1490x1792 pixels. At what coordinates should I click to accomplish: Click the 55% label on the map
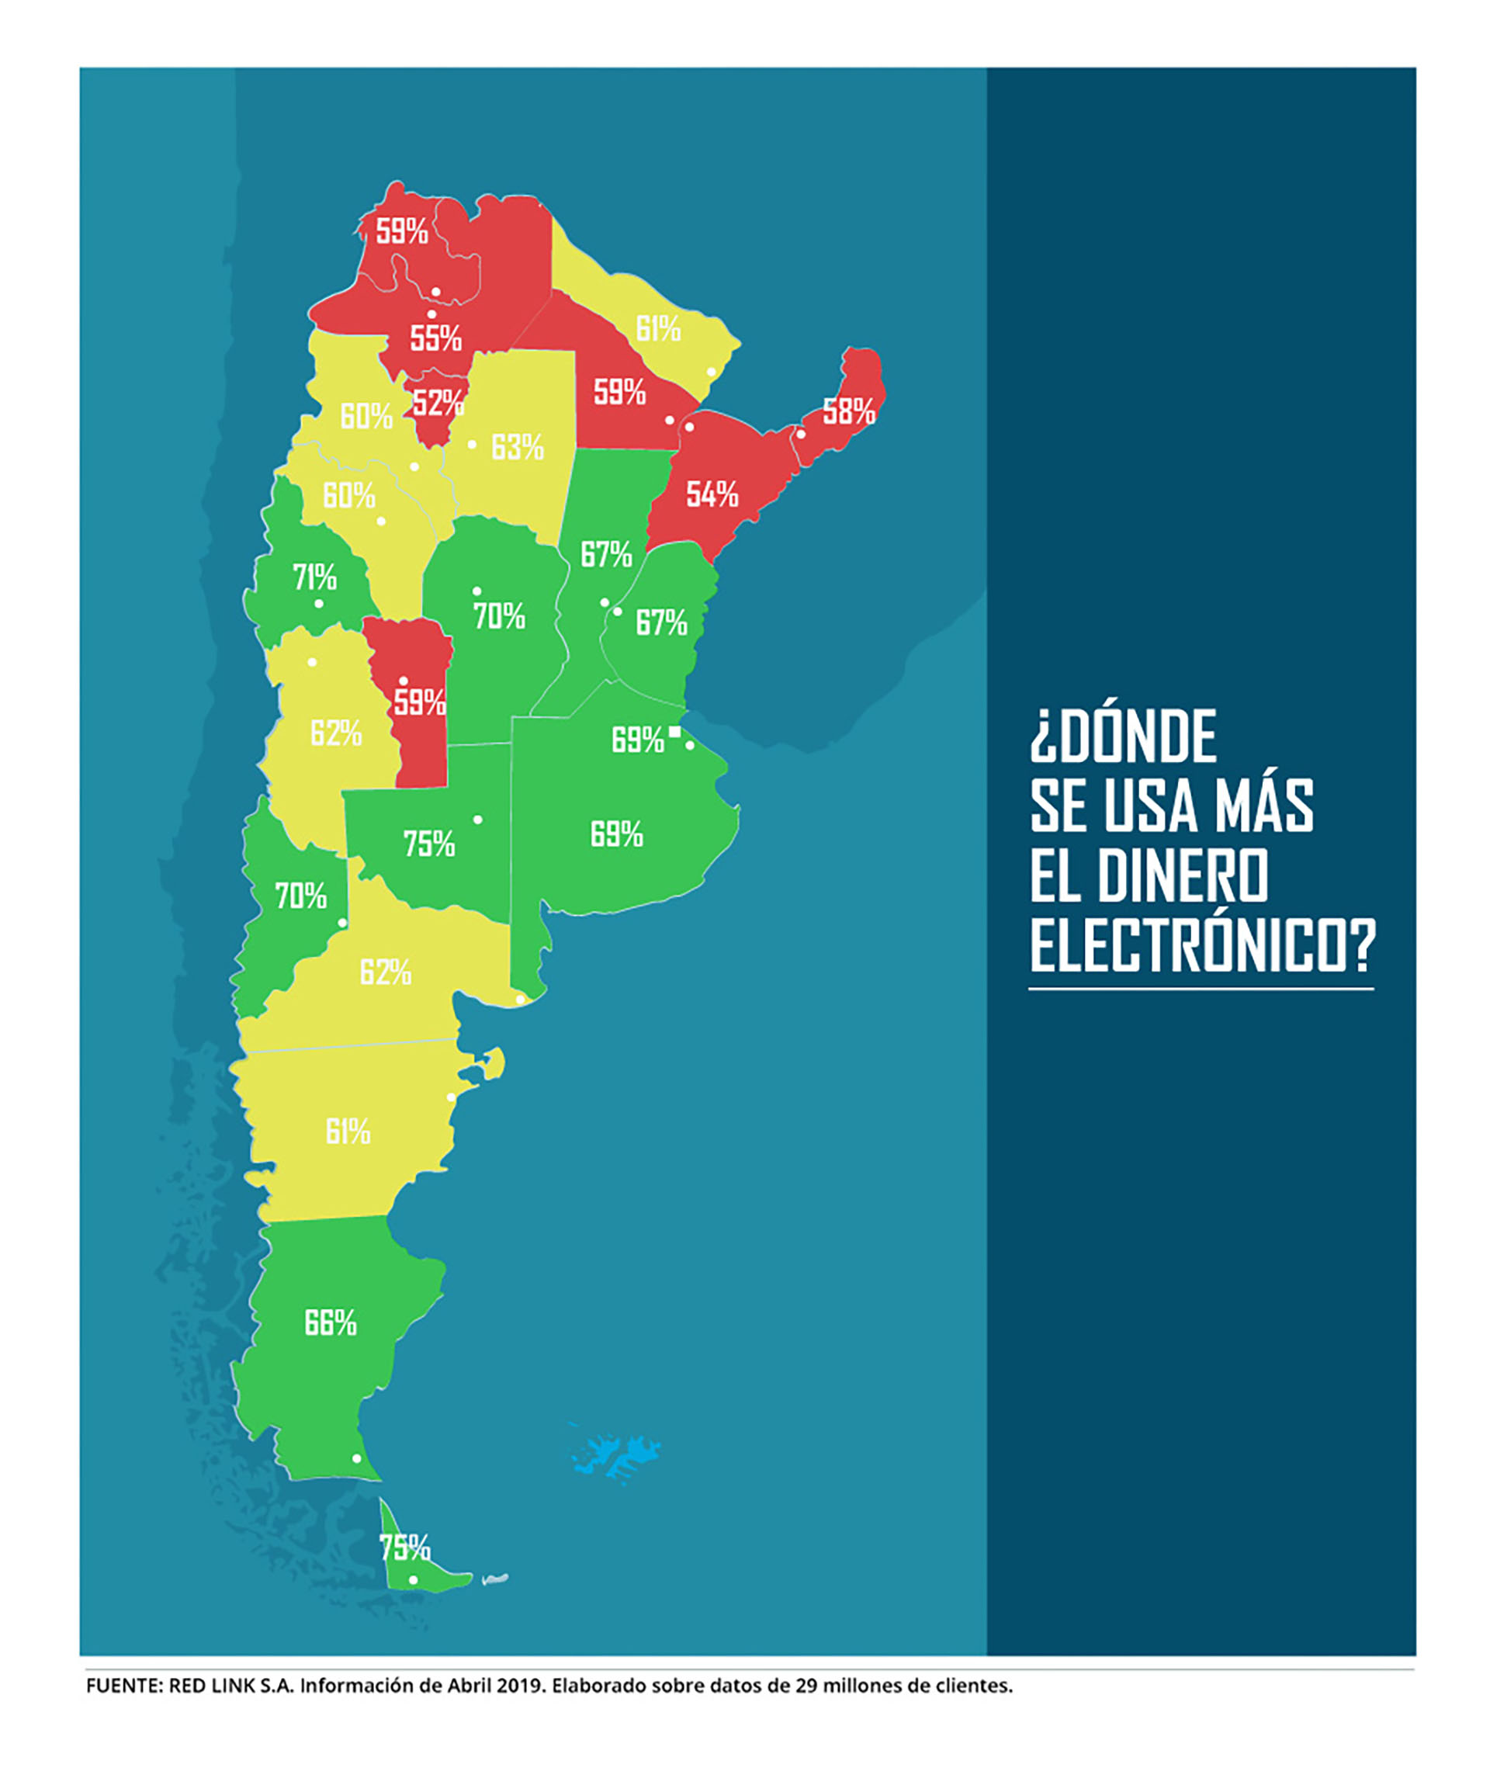click(x=435, y=339)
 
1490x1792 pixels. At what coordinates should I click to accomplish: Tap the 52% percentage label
click(x=438, y=402)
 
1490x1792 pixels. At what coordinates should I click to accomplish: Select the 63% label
click(x=517, y=446)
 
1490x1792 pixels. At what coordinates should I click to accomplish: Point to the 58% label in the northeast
click(x=848, y=411)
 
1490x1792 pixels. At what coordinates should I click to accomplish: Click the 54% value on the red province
click(x=712, y=494)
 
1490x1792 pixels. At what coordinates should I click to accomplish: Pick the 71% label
click(x=314, y=577)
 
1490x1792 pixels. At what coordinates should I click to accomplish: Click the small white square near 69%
click(x=674, y=731)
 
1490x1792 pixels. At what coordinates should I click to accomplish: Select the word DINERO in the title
click(x=1183, y=875)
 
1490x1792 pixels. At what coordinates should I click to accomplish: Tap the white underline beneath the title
click(x=1201, y=989)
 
